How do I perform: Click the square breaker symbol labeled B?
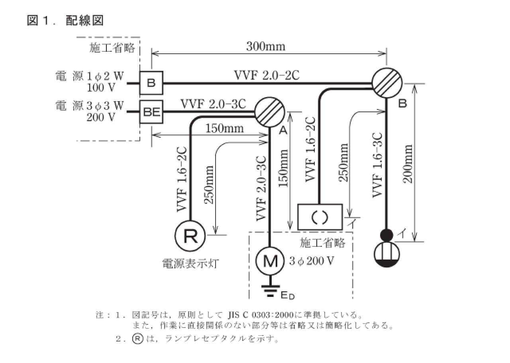(x=151, y=83)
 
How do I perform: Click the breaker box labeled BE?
(x=151, y=112)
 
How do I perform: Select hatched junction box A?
(x=270, y=112)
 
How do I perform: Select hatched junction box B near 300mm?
(x=387, y=83)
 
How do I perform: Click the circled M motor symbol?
(x=270, y=261)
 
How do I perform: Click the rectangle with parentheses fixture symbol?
(x=320, y=217)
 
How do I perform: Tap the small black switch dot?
(x=386, y=235)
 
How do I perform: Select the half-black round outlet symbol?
(x=386, y=254)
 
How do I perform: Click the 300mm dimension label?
(x=266, y=47)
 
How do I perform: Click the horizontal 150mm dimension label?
(x=225, y=129)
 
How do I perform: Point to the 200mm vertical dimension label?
(x=408, y=163)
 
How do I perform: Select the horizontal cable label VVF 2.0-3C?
(x=213, y=104)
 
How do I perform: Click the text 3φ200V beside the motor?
(x=311, y=261)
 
